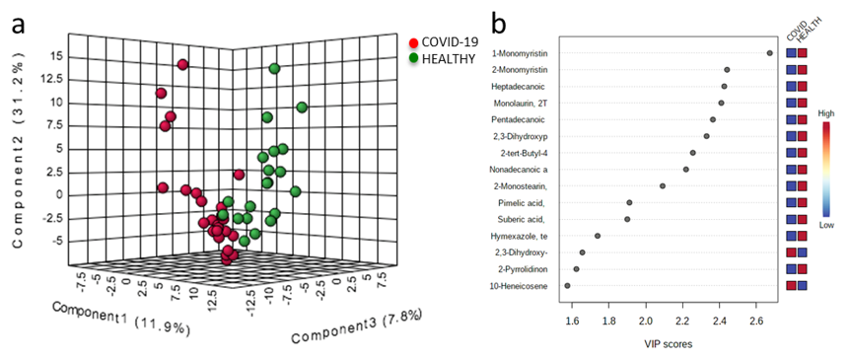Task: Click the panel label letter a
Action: (19, 23)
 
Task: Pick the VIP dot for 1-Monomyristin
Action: (770, 52)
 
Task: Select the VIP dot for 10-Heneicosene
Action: (567, 285)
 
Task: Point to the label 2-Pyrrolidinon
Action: (519, 268)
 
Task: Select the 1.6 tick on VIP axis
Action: (571, 321)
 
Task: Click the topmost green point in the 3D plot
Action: (274, 68)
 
